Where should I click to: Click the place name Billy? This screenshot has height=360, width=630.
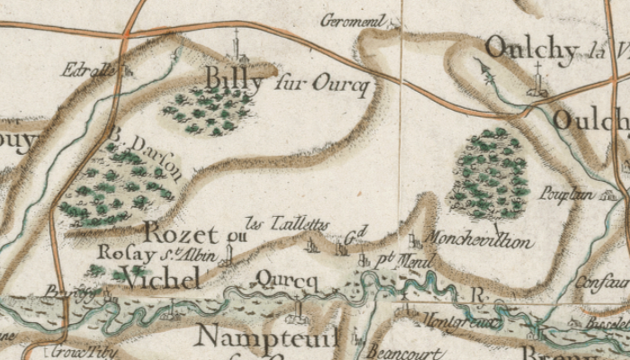coord(235,80)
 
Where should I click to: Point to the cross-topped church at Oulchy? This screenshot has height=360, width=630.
coord(539,81)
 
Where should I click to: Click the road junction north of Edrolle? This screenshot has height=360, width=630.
coord(127,34)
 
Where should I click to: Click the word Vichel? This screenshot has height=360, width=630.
coord(160,280)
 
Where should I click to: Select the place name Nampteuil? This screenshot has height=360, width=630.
coord(267,337)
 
